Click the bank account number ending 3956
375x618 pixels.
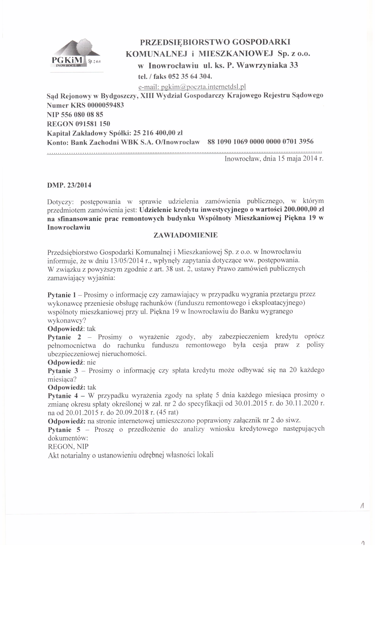(261, 142)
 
